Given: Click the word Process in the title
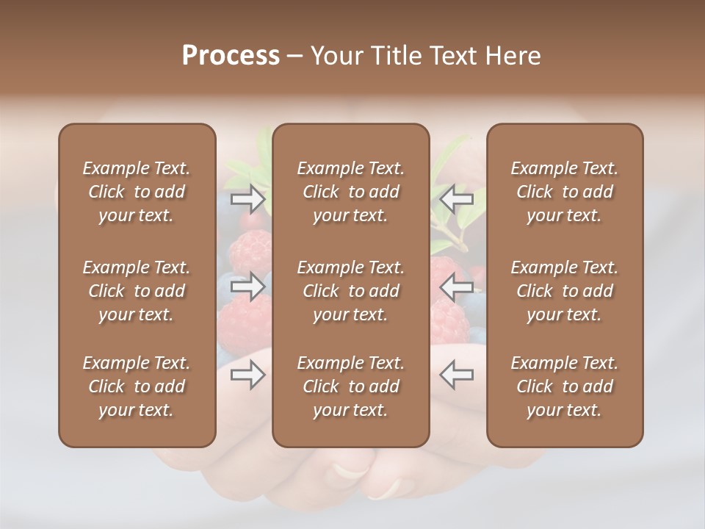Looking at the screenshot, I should pyautogui.click(x=231, y=56).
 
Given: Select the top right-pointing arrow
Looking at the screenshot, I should pyautogui.click(x=248, y=198).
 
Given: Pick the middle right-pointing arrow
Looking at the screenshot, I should pyautogui.click(x=248, y=287).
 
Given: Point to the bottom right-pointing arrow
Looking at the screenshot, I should pyautogui.click(x=248, y=375).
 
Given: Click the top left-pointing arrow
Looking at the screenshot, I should pyautogui.click(x=457, y=198).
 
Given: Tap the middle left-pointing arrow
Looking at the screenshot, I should pyautogui.click(x=457, y=287).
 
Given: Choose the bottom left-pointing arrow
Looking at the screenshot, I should pyautogui.click(x=457, y=375).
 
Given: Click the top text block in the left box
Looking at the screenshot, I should pyautogui.click(x=137, y=192).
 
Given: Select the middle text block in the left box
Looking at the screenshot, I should pyautogui.click(x=137, y=291).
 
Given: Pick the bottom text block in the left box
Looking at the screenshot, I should pyautogui.click(x=137, y=386).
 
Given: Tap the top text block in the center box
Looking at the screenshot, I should pyautogui.click(x=351, y=192).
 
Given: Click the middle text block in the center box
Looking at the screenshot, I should pyautogui.click(x=351, y=291).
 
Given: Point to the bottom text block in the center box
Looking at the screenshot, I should pyautogui.click(x=351, y=386).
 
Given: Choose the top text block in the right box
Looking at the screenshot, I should pyautogui.click(x=565, y=192).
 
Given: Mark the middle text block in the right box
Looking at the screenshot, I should pyautogui.click(x=565, y=291).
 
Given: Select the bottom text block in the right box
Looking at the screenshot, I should pyautogui.click(x=565, y=386).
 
